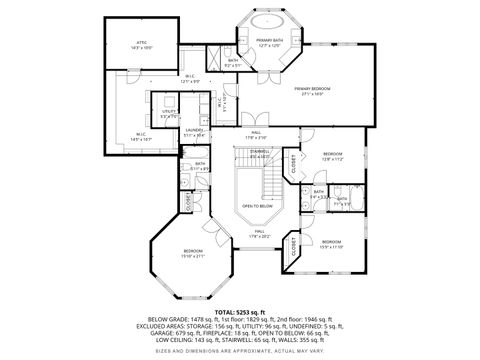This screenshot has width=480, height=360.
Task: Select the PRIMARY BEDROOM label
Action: tap(313, 89)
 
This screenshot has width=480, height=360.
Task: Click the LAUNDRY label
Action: tap(194, 129)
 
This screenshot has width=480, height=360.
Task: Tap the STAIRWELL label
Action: tap(259, 152)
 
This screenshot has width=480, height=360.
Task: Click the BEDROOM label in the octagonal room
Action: tap(193, 250)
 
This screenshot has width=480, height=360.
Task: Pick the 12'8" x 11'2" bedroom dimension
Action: tap(332, 158)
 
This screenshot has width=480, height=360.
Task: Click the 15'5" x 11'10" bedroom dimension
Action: tap(331, 246)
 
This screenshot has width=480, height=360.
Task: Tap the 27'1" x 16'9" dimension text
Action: tap(313, 94)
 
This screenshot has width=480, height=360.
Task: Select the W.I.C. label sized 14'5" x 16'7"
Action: tap(141, 139)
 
